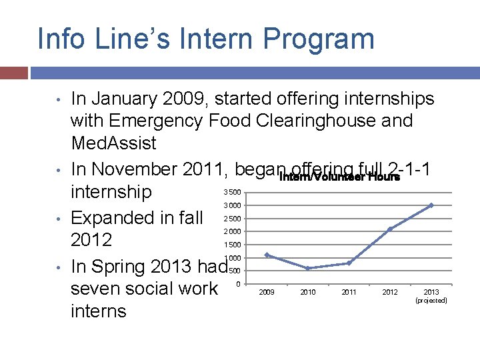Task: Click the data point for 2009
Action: (267, 255)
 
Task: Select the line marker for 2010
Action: (307, 268)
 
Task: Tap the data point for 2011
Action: (349, 263)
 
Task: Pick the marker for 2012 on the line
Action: (389, 229)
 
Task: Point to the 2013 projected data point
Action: (431, 205)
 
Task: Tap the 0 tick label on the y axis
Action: (239, 285)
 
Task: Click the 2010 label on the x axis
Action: (308, 292)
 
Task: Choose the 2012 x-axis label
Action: (390, 292)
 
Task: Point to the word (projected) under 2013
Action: (431, 301)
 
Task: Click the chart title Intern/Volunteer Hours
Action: (339, 177)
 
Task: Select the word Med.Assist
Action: (113, 143)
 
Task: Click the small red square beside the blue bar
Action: (13, 73)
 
